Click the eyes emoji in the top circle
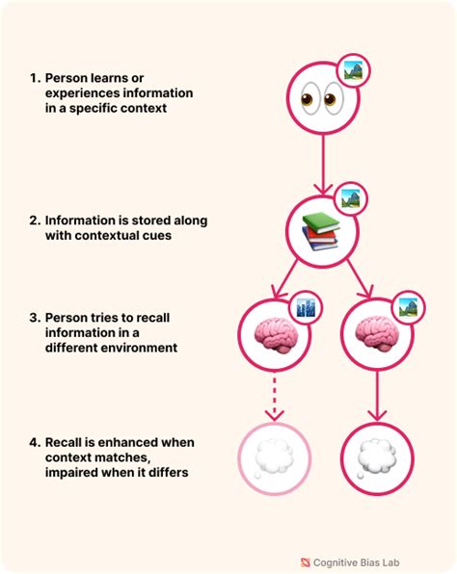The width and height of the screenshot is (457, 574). tap(323, 99)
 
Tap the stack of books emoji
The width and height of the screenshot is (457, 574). tap(320, 231)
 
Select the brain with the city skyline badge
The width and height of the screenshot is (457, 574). tap(274, 335)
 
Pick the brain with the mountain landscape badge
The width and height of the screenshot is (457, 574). tap(377, 335)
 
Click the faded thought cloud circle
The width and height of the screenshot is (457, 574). tap(275, 458)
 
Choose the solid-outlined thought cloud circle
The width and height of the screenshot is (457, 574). tap(377, 458)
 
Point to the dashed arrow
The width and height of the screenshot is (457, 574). tap(275, 397)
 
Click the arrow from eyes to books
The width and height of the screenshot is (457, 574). tap(323, 165)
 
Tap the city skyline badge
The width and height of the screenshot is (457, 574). tap(306, 307)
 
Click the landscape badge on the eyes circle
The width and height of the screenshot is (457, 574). tap(353, 70)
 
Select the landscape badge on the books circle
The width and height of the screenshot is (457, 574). tap(350, 198)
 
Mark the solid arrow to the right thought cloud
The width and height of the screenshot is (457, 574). tap(378, 396)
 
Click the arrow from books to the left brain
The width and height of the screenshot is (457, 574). tap(285, 279)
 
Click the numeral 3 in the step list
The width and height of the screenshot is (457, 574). tap(34, 318)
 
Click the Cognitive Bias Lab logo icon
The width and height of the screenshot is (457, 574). tap(306, 562)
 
